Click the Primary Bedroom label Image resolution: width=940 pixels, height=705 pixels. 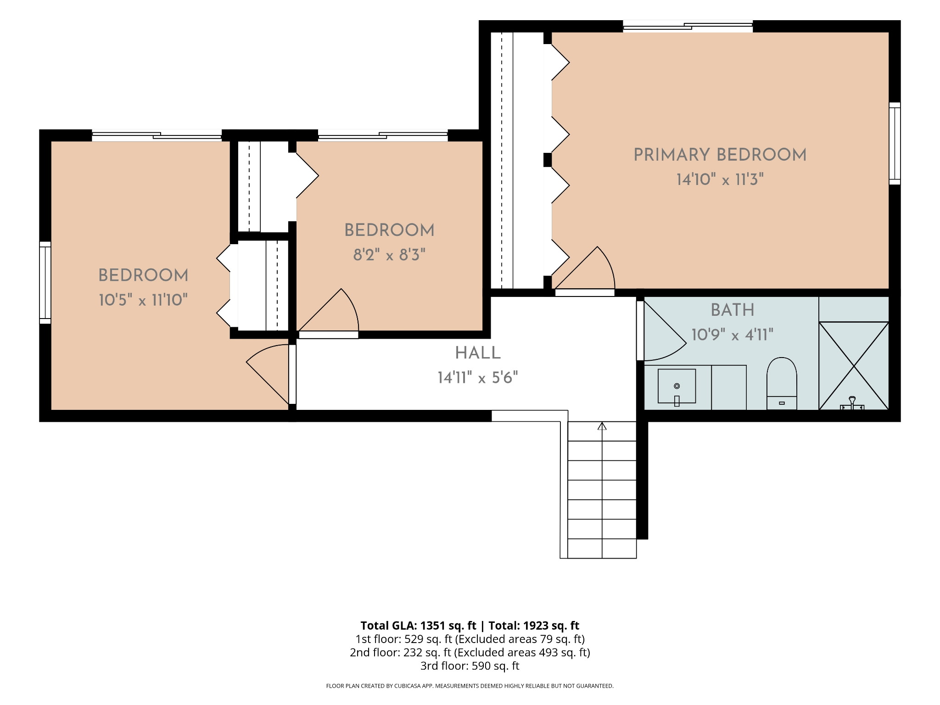pos(720,155)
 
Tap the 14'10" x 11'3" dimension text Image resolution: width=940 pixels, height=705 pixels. pos(720,179)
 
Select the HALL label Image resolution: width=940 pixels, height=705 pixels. pos(478,353)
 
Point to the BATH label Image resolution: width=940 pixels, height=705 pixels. pos(733,310)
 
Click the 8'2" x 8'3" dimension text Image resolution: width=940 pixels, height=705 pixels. pos(389,255)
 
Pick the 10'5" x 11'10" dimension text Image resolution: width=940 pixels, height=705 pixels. pos(143,300)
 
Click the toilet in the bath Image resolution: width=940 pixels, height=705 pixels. pos(782,384)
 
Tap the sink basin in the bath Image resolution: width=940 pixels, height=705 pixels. pos(677,386)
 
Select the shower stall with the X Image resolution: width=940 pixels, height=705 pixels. pos(854,366)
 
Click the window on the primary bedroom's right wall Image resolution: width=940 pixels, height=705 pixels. pos(895,143)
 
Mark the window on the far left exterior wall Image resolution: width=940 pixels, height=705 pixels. pos(45,283)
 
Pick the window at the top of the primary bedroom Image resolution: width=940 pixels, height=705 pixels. pos(688,27)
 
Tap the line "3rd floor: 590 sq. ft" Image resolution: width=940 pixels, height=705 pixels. pos(470,666)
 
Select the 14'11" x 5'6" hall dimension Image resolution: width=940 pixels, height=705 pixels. pos(478,378)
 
